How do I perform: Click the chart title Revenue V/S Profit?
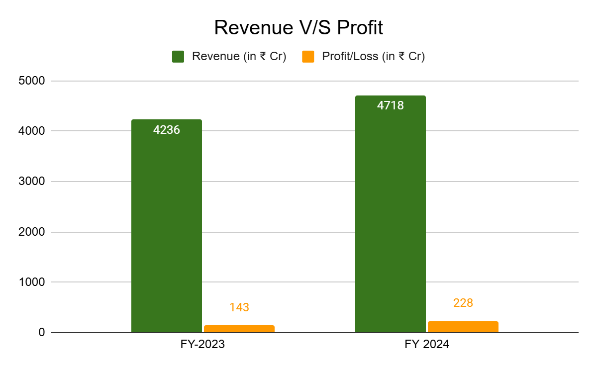point(298,28)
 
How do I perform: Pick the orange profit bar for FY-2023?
point(239,329)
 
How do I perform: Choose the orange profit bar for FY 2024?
point(463,327)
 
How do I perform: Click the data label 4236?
point(167,130)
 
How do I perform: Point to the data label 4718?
point(391,106)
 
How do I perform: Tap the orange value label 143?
point(239,307)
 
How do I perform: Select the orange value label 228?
point(463,303)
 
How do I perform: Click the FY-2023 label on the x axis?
point(202,344)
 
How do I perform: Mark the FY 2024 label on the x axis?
point(426,344)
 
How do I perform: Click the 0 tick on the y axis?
point(42,332)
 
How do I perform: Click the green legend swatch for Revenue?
point(178,57)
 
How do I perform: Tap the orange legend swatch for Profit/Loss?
point(308,57)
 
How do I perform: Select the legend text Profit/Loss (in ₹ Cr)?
point(373,57)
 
